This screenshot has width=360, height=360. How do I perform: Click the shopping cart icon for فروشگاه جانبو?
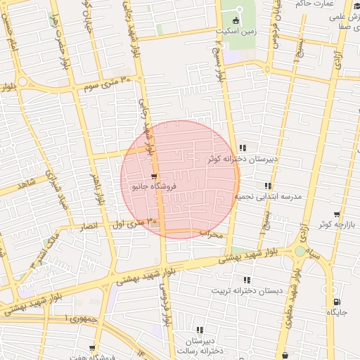pos(153,176)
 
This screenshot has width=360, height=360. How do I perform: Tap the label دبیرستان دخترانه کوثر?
pos(243,160)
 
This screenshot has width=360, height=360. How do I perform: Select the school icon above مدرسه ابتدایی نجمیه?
pos(267,186)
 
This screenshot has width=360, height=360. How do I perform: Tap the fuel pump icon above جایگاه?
pos(336,302)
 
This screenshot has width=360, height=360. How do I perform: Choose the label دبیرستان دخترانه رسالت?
pos(200,345)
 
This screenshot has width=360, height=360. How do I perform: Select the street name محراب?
pos(210,233)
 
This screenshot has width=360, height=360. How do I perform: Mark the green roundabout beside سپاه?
pos(301,251)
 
